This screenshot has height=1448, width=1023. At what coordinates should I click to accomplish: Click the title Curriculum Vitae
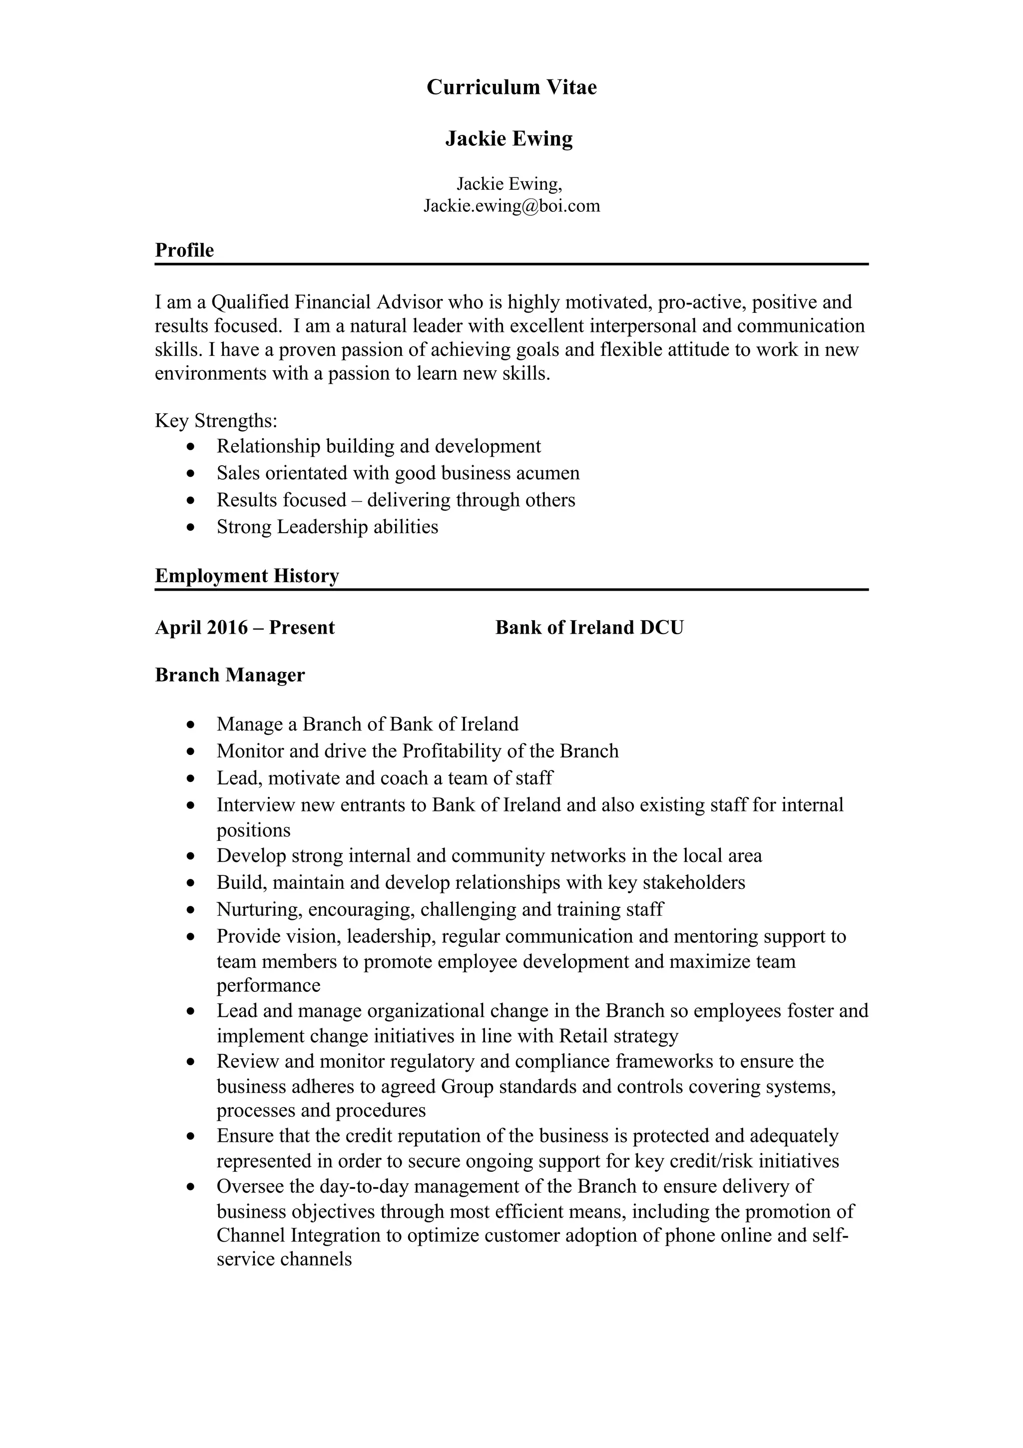511,87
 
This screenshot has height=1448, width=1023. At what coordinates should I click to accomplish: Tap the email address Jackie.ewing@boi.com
511,205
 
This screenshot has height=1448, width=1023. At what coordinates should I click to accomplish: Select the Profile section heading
184,250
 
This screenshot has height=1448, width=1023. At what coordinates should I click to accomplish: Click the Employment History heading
246,576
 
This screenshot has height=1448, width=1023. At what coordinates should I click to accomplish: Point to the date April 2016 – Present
245,628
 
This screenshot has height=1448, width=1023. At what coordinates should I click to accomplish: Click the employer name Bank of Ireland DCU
589,628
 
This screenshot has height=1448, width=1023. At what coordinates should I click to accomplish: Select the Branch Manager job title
229,675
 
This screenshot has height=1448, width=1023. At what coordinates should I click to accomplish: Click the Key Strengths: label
216,420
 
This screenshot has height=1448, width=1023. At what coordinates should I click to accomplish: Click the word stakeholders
693,882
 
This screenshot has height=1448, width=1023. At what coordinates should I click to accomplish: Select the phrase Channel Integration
299,1235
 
